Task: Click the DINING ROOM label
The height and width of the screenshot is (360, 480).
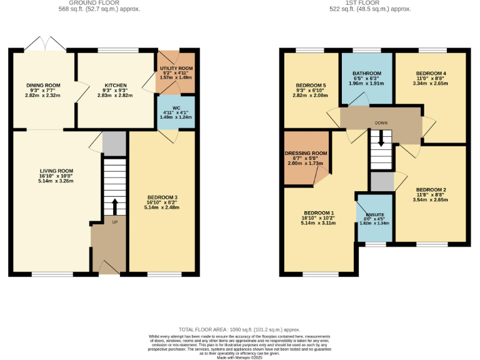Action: [43, 85]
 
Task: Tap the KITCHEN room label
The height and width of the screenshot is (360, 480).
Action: [116, 85]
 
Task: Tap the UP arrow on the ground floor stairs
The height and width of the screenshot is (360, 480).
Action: [114, 207]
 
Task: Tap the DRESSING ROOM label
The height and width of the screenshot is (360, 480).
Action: [306, 153]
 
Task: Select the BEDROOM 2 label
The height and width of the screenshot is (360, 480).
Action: [431, 189]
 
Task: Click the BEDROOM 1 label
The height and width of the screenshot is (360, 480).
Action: [319, 212]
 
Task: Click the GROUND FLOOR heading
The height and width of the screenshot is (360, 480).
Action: [99, 3]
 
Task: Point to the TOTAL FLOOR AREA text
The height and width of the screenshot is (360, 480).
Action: [239, 329]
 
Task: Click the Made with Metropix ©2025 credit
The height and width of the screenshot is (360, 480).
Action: [239, 356]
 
